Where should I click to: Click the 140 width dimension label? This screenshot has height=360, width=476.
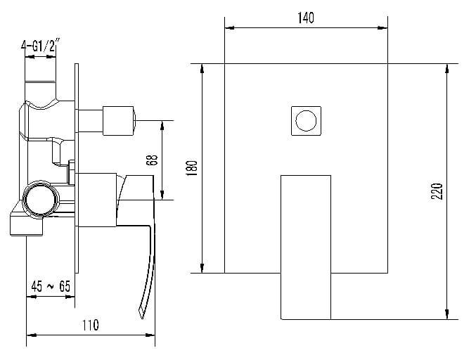point(306,18)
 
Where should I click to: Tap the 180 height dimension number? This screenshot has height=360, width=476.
point(192,168)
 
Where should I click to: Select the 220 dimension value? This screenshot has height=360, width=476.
point(437,191)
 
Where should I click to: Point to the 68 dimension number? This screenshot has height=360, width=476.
point(152,160)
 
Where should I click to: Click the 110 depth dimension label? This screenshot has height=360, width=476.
point(91,325)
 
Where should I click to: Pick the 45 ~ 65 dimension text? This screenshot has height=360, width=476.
point(51,286)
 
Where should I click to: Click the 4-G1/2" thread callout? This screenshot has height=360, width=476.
point(39,46)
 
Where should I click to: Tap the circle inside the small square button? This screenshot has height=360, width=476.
point(306,120)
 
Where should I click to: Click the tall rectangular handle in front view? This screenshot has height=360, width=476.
point(306,247)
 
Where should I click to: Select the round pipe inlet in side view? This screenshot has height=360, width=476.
point(41,200)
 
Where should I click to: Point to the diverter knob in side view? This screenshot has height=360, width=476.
point(118,121)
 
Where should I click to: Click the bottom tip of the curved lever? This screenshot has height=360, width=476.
point(142,318)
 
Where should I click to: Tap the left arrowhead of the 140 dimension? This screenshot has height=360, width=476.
point(229,28)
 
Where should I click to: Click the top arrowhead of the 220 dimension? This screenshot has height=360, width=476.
point(447,69)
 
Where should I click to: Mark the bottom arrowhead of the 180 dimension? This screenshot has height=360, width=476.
point(202,268)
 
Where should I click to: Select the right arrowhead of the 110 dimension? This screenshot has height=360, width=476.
point(150,335)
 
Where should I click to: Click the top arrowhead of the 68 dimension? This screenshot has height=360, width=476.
point(162,125)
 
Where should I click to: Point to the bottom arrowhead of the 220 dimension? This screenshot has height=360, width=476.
point(447,314)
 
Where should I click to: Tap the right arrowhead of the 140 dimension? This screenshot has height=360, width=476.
point(382,28)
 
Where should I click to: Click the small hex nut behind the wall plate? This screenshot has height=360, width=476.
point(72,172)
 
